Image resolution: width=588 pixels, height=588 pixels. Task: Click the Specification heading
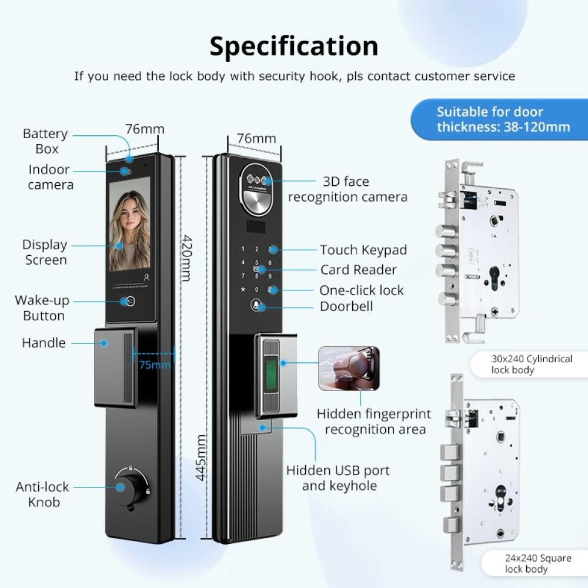pos(293,46)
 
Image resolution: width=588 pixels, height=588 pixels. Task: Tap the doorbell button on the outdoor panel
pos(256,305)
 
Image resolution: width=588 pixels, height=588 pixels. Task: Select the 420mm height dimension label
pos(186,258)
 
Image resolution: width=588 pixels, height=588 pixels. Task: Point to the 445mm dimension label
pos(201,457)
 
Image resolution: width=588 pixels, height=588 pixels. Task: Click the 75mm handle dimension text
pos(155,365)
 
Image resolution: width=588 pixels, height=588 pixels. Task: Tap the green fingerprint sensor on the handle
pos(271,374)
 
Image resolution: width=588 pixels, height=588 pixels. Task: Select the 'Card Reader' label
pos(359,270)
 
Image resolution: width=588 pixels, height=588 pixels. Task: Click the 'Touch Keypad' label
pos(363,250)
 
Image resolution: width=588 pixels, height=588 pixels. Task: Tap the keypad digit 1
pos(243,249)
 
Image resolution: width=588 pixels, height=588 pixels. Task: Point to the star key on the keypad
pos(243,289)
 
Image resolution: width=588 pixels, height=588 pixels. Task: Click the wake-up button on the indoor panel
pos(130,301)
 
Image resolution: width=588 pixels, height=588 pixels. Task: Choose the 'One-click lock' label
pos(362,290)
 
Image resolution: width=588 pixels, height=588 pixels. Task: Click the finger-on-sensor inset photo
pos(349,369)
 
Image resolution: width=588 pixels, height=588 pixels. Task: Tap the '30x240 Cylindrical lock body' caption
pos(532,364)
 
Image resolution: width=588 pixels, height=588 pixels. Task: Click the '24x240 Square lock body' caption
pos(538,563)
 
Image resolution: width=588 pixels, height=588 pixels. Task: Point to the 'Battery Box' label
pos(45,141)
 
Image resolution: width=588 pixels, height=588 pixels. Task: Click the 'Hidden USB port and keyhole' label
pos(338,477)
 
